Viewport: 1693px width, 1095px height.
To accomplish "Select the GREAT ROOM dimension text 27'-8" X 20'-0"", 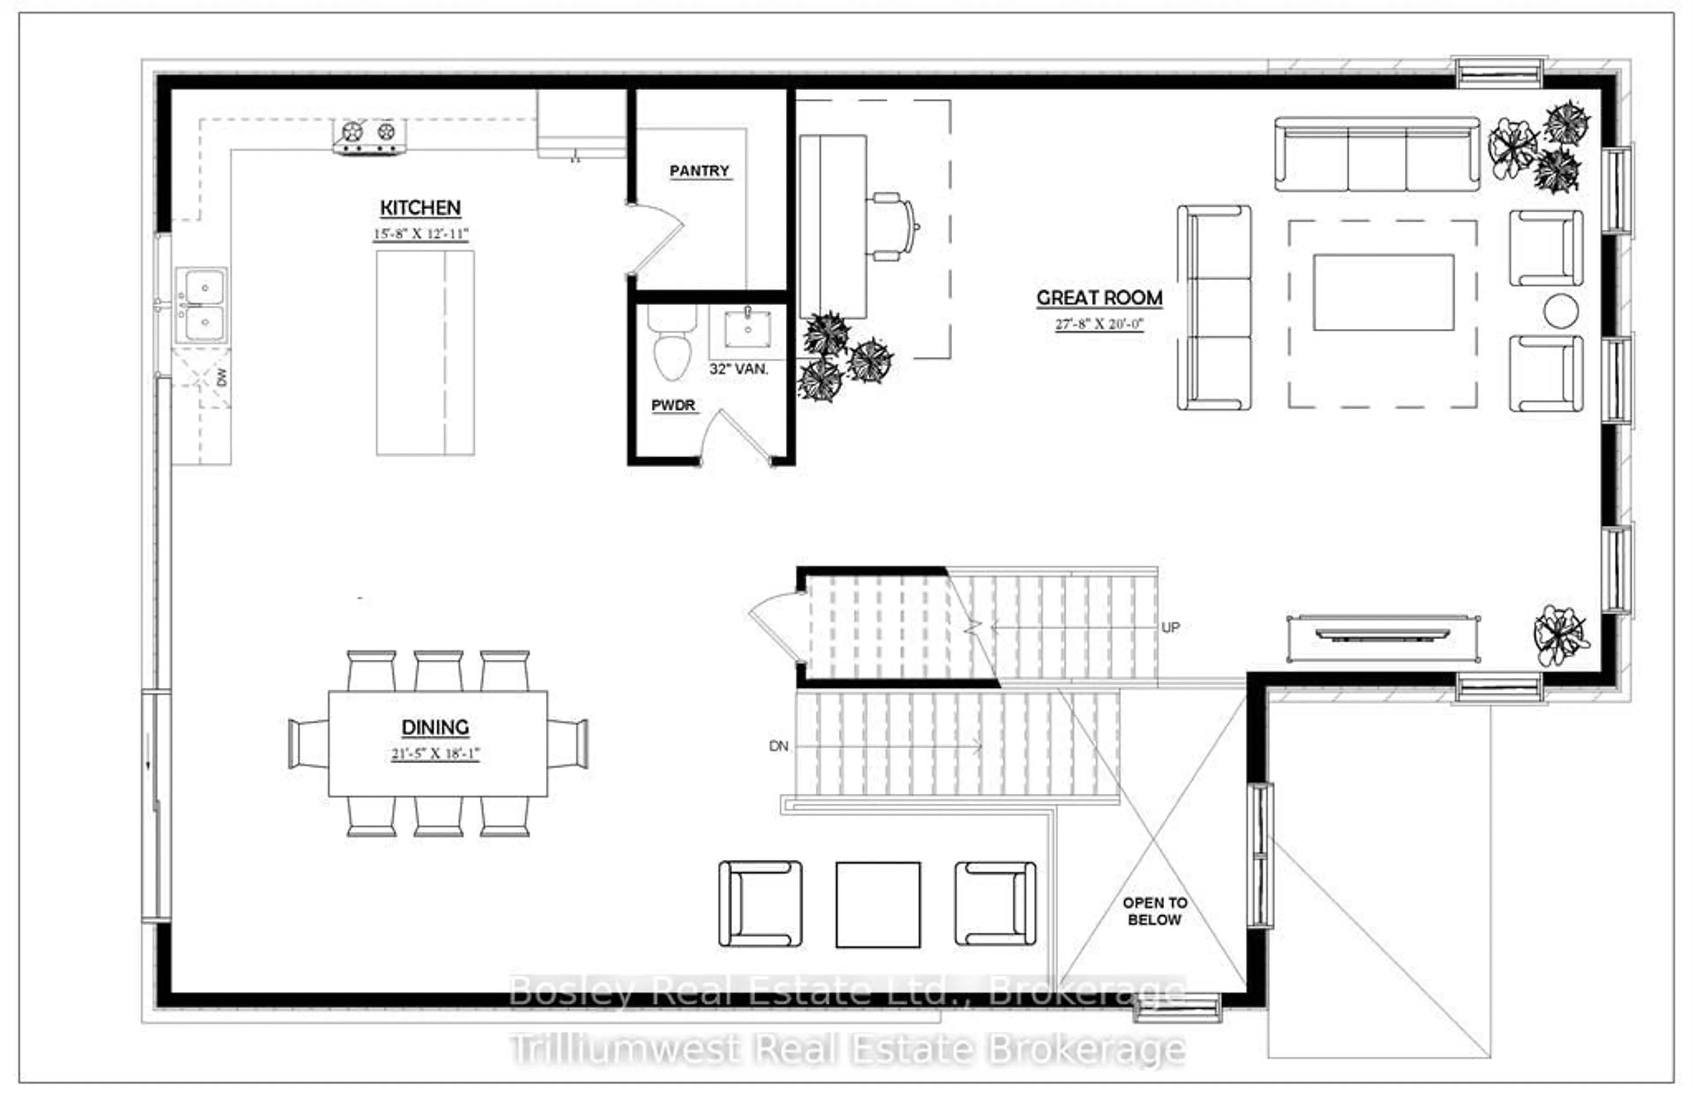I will tap(1099, 324).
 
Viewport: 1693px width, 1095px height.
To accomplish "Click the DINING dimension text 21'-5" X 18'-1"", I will tap(435, 754).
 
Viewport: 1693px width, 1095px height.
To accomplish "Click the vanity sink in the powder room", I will tap(747, 329).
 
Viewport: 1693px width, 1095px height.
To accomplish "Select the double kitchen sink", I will tap(203, 306).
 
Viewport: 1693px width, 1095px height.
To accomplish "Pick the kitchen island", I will tap(425, 353).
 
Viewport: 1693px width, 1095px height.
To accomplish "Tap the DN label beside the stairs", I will tap(778, 746).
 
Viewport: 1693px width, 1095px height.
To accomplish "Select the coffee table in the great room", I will tap(1383, 292).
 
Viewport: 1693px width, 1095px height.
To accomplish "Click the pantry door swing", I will tap(658, 238).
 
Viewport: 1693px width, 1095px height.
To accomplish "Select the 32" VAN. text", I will tap(738, 369).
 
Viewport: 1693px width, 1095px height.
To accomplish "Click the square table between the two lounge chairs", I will tap(878, 905).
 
